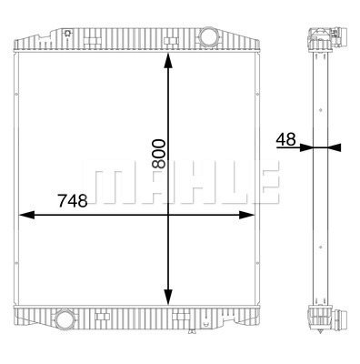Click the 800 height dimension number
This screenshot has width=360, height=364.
pyautogui.click(x=159, y=154)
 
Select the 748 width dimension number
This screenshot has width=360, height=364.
pyautogui.click(x=73, y=200)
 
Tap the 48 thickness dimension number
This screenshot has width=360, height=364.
pyautogui.click(x=285, y=139)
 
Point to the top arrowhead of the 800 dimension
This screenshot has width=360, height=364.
pyautogui.click(x=168, y=62)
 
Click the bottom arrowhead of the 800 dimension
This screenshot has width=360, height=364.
pyautogui.click(x=168, y=297)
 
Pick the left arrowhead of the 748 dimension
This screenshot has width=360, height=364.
pyautogui.click(x=27, y=215)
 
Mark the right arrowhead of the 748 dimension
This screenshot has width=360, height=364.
pyautogui.click(x=246, y=215)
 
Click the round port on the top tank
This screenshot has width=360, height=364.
pyautogui.click(x=208, y=36)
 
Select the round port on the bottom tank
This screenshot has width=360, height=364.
pyautogui.click(x=64, y=318)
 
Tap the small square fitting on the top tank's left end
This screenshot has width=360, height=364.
pyautogui.click(x=68, y=33)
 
